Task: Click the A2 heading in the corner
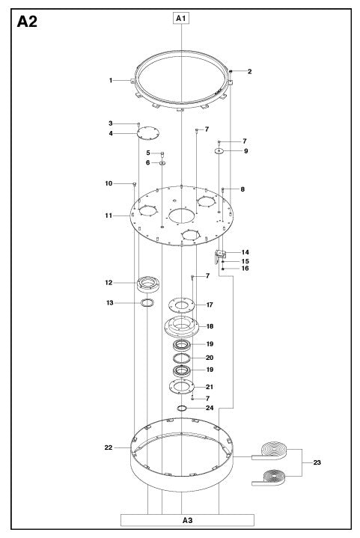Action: (x=26, y=22)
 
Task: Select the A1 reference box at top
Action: (x=182, y=16)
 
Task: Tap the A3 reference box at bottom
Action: (x=187, y=519)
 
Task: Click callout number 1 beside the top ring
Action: (x=110, y=80)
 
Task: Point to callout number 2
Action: (x=249, y=72)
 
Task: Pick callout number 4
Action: (x=110, y=134)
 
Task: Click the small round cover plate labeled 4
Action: (x=149, y=133)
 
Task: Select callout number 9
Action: (x=245, y=151)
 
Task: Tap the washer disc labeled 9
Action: (x=219, y=151)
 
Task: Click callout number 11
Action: (x=109, y=215)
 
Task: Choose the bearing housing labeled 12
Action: (x=148, y=284)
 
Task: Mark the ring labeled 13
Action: (x=147, y=302)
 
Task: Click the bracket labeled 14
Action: (x=222, y=255)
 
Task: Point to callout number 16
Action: (x=245, y=269)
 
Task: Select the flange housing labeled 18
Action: (x=183, y=326)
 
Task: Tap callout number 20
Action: (x=210, y=358)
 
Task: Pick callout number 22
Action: (x=109, y=448)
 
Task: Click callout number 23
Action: (x=317, y=463)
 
